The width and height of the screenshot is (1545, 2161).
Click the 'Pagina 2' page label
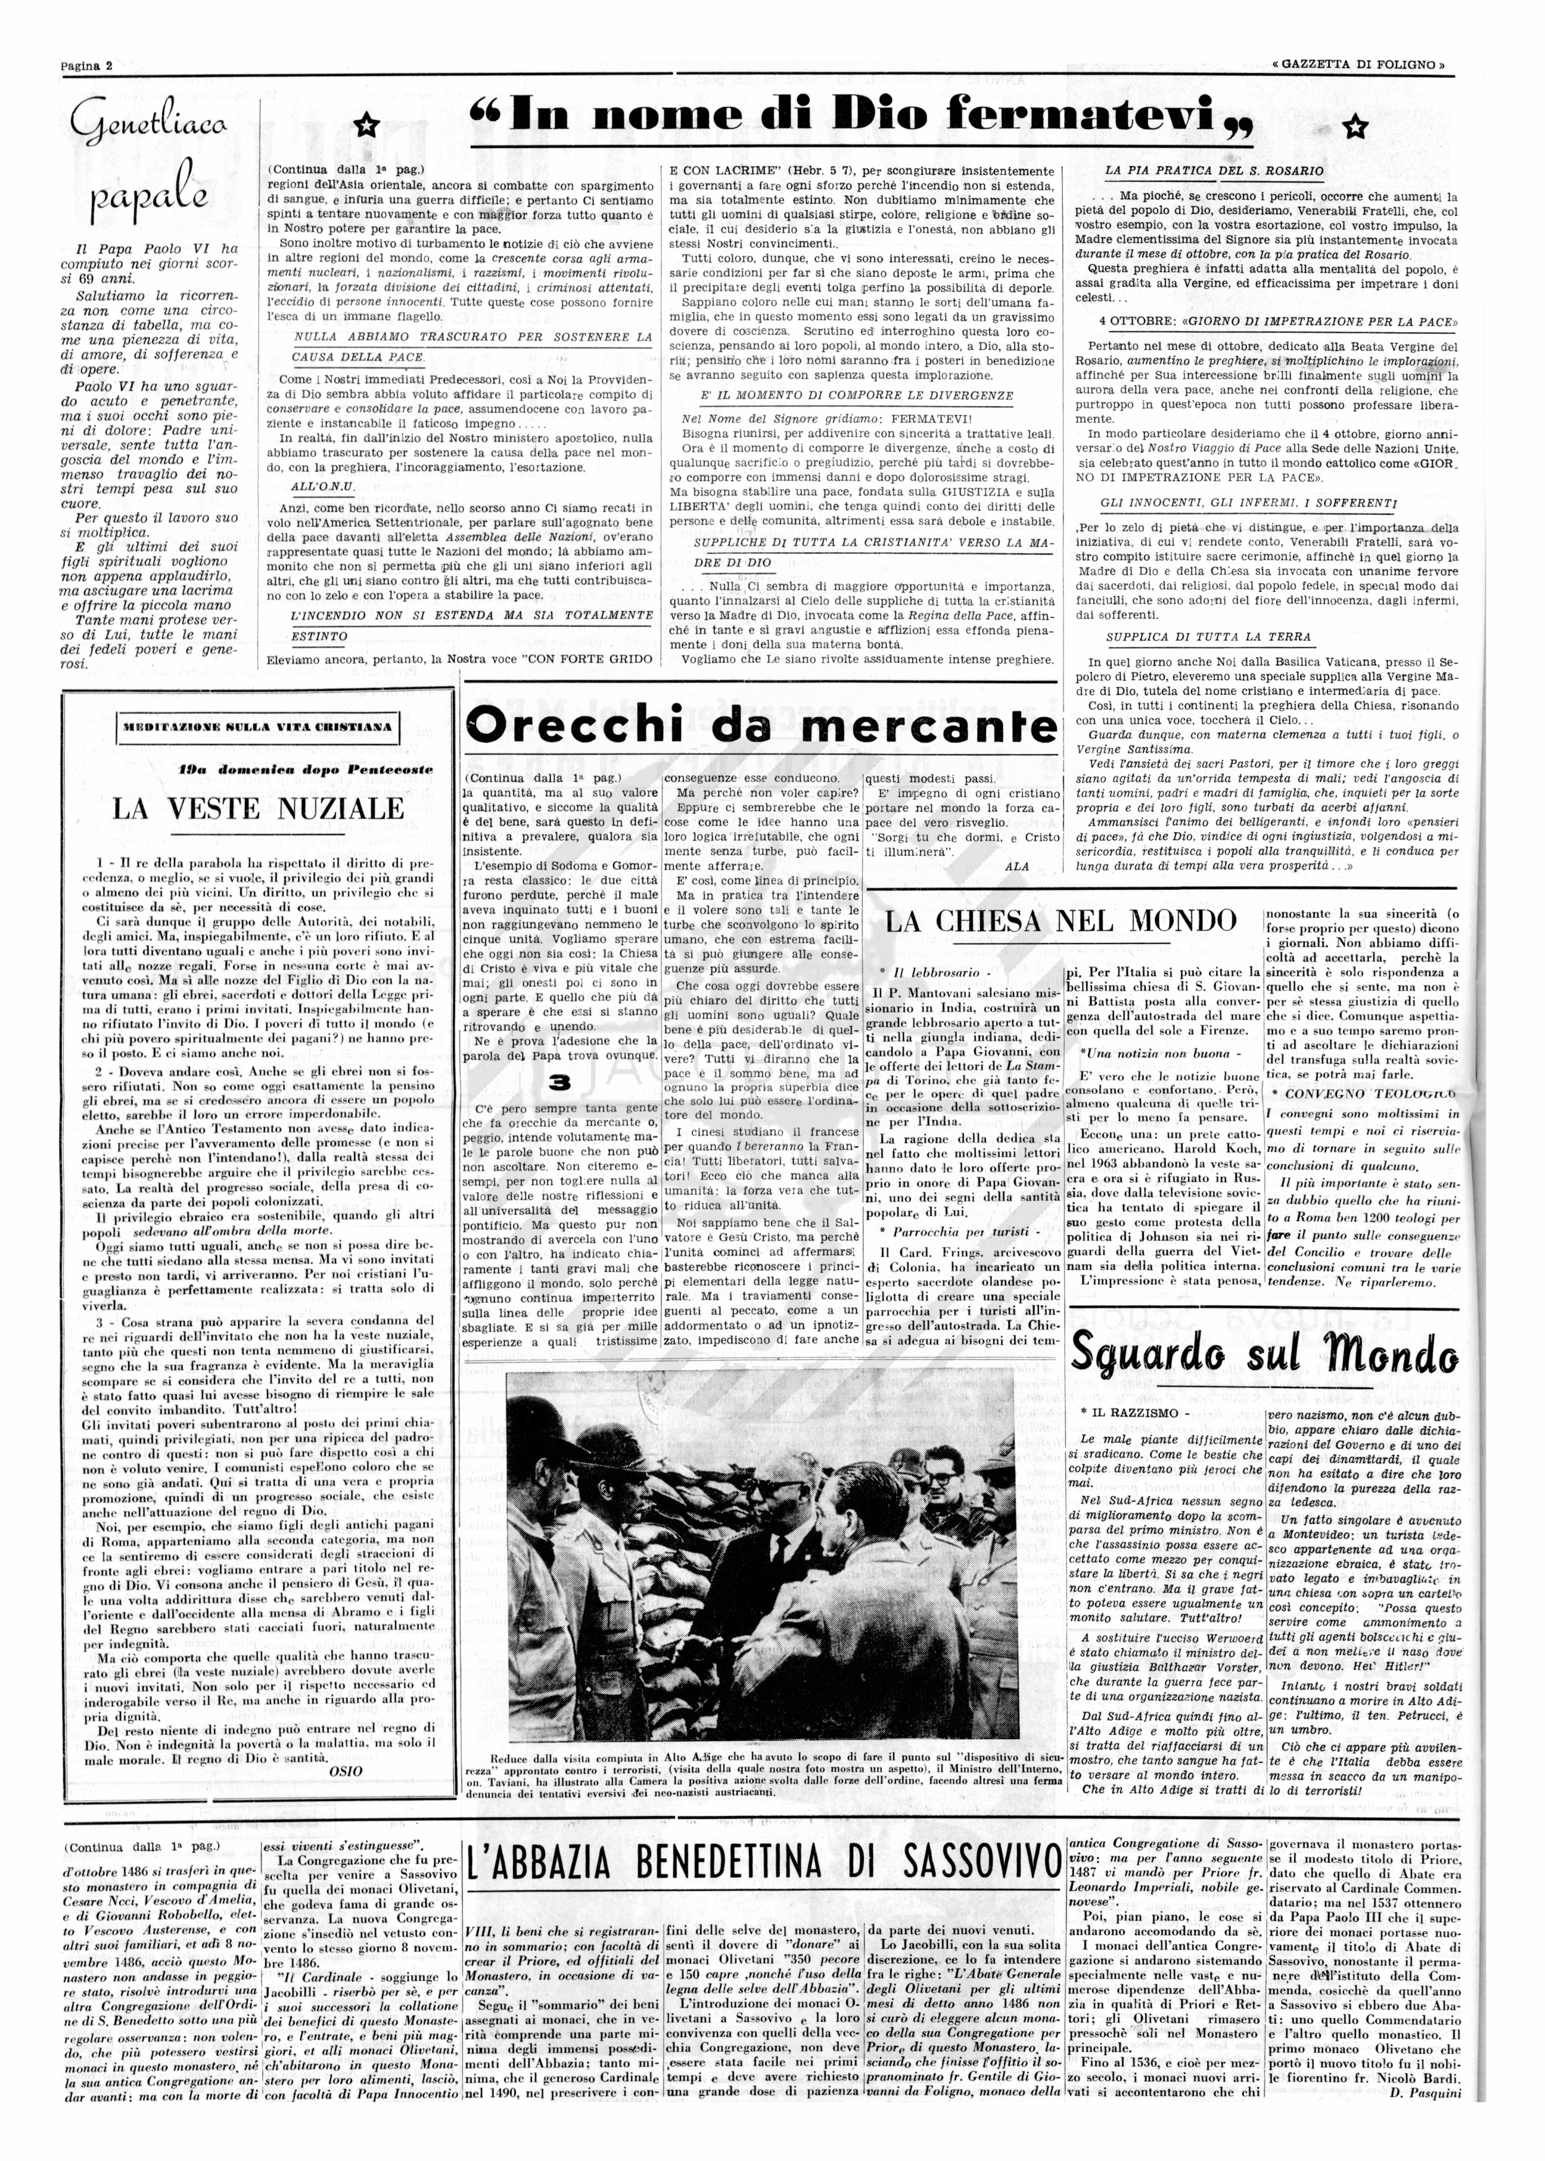tap(87, 66)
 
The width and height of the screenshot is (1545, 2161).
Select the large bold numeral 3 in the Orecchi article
tap(561, 1082)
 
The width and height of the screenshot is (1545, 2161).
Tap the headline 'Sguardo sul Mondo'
tap(1263, 1355)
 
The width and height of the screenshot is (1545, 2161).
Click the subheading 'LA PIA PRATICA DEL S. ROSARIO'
tap(1214, 170)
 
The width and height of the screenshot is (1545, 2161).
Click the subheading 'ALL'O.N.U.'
tap(323, 486)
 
